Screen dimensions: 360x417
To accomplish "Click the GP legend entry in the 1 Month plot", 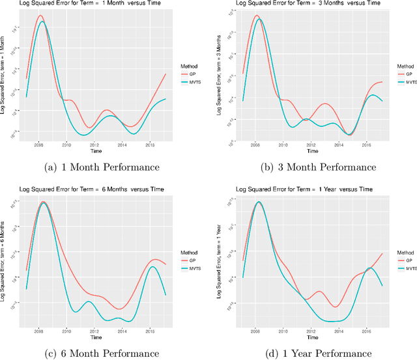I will pyautogui.click(x=194, y=75).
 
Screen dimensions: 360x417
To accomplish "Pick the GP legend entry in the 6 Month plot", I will pyautogui.click(x=194, y=260).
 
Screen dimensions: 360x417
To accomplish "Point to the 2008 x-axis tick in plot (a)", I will pyautogui.click(x=39, y=145).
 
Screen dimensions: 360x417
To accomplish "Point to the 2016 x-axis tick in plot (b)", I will pyautogui.click(x=367, y=145).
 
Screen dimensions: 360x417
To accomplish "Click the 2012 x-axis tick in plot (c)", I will pyautogui.click(x=94, y=331).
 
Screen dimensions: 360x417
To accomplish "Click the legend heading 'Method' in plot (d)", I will pyautogui.click(x=405, y=253).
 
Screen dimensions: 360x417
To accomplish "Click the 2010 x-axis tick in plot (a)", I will pyautogui.click(x=66, y=145).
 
